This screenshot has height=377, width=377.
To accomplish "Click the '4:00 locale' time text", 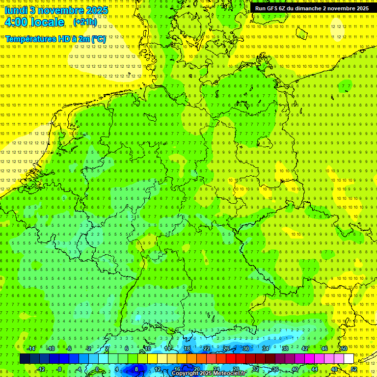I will [x=34, y=22].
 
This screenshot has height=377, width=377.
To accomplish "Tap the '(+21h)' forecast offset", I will [x=85, y=22].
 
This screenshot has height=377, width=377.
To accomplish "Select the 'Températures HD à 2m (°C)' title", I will [x=55, y=38].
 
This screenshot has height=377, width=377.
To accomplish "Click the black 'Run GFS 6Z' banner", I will [x=312, y=8].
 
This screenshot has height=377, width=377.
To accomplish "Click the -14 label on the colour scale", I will [x=32, y=349].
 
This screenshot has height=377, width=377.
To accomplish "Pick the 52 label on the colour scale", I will [x=354, y=369].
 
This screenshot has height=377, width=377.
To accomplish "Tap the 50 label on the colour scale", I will [x=344, y=349].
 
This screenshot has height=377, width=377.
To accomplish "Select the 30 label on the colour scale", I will [x=245, y=349].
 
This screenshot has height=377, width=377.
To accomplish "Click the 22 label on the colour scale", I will [x=206, y=349].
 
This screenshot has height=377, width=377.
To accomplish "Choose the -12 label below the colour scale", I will [x=41, y=369].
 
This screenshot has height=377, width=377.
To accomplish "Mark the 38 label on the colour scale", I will [x=285, y=349].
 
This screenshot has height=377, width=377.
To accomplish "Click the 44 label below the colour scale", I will [x=315, y=369].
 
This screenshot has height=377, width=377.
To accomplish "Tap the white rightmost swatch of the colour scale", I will [x=349, y=358].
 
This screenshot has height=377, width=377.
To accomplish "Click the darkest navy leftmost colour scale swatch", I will [x=25, y=358].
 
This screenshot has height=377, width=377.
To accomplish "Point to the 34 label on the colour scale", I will [x=265, y=349].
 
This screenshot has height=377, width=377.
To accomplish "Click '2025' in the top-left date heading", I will [x=97, y=10].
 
